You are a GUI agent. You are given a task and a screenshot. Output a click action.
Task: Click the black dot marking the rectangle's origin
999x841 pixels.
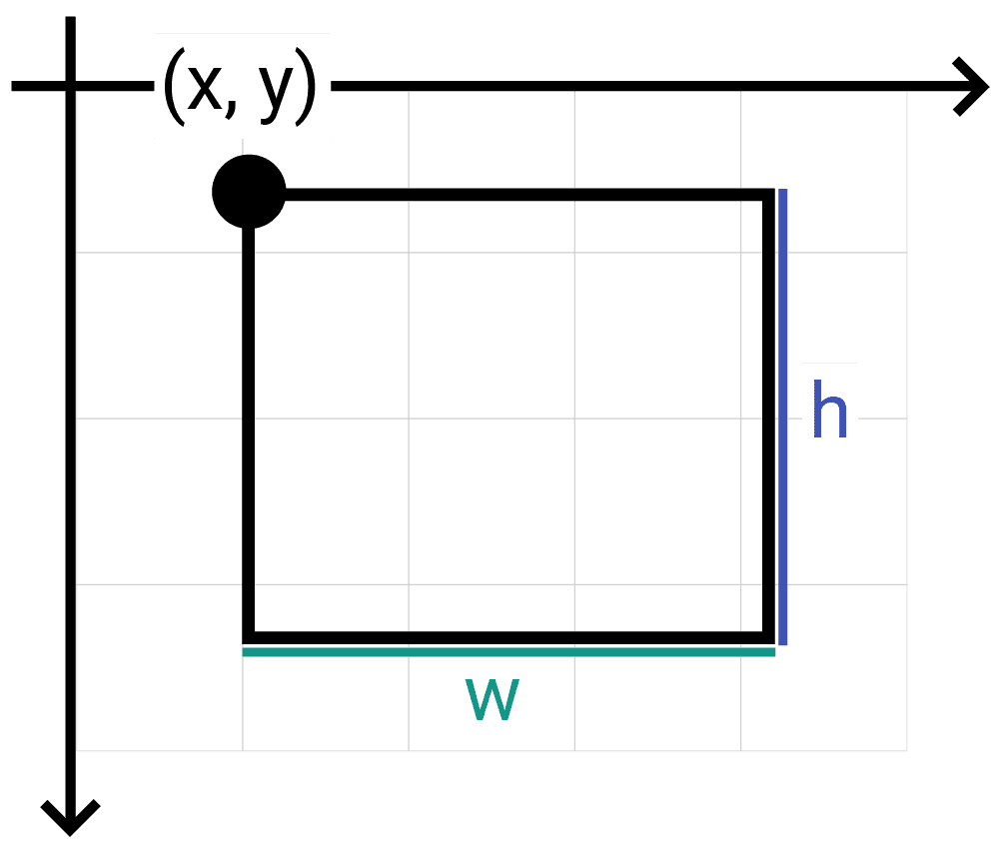[249, 192]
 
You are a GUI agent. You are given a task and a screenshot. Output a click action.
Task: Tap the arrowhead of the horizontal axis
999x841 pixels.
[973, 87]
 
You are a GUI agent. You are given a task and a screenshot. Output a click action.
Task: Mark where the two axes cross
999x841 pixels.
[70, 87]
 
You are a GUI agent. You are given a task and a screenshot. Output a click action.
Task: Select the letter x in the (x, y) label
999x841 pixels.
[204, 86]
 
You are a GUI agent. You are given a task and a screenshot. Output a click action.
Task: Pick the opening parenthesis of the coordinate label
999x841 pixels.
[173, 86]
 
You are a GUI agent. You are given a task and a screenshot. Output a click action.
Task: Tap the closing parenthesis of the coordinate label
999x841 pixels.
[306, 86]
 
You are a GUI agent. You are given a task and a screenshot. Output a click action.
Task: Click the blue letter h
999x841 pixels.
[829, 413]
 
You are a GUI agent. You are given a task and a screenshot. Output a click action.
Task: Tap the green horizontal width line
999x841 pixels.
[508, 651]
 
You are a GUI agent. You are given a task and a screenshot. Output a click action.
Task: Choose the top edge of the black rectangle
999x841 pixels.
[519, 195]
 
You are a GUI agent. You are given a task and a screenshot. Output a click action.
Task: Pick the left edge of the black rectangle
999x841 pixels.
[249, 420]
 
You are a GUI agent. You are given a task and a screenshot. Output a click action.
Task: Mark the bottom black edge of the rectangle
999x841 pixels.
[508, 637]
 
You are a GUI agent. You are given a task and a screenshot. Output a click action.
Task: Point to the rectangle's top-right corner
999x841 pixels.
[768, 195]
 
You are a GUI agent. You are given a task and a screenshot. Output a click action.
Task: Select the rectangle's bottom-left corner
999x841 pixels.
[249, 637]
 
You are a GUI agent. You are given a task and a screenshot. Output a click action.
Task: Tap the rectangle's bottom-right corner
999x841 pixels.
[768, 637]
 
